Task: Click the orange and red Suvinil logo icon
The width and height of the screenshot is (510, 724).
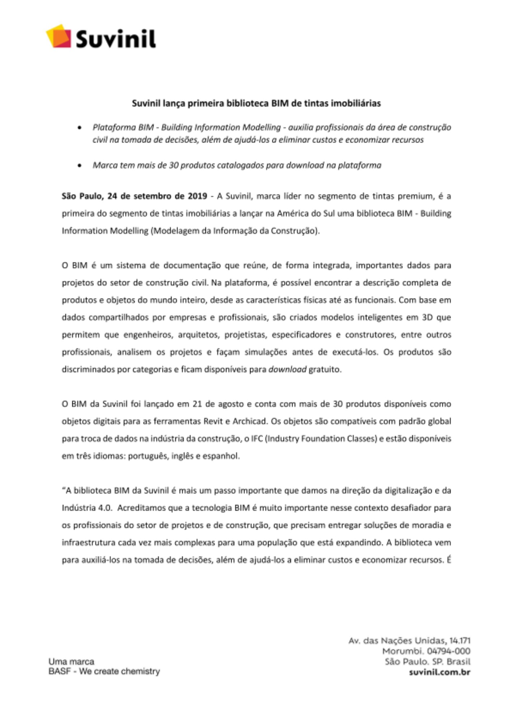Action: click(x=59, y=36)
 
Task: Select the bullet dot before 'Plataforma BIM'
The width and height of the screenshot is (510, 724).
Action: click(x=80, y=128)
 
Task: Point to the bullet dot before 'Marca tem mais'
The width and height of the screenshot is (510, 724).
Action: click(x=80, y=165)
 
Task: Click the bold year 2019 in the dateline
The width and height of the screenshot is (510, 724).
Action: click(x=197, y=196)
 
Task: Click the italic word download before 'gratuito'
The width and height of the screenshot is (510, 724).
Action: click(x=287, y=370)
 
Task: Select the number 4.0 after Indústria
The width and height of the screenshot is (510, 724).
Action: click(x=105, y=508)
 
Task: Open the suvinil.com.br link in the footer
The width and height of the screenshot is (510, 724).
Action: click(x=439, y=673)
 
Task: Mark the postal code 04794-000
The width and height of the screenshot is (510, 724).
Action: click(x=448, y=651)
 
